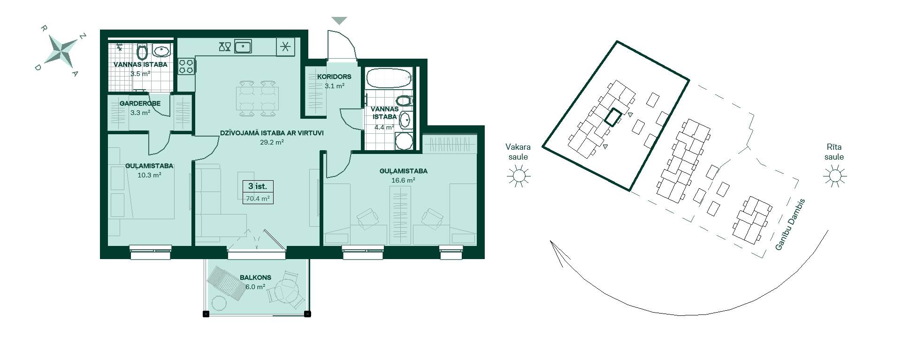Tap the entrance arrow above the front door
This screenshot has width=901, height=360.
pyautogui.click(x=339, y=21)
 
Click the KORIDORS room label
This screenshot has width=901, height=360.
pyautogui.click(x=334, y=77)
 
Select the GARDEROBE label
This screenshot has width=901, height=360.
pyautogui.click(x=140, y=103)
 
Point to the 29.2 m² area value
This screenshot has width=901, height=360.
pyautogui.click(x=272, y=142)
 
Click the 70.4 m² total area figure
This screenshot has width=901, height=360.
pyautogui.click(x=258, y=199)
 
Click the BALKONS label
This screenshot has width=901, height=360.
pyautogui.click(x=255, y=278)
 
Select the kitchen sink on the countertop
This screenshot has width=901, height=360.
pyautogui.click(x=243, y=46)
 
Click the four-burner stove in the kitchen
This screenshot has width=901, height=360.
pyautogui.click(x=186, y=66)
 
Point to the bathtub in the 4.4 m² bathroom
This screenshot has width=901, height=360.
pyautogui.click(x=389, y=78)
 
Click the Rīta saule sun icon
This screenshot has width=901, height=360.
pyautogui.click(x=834, y=176)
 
